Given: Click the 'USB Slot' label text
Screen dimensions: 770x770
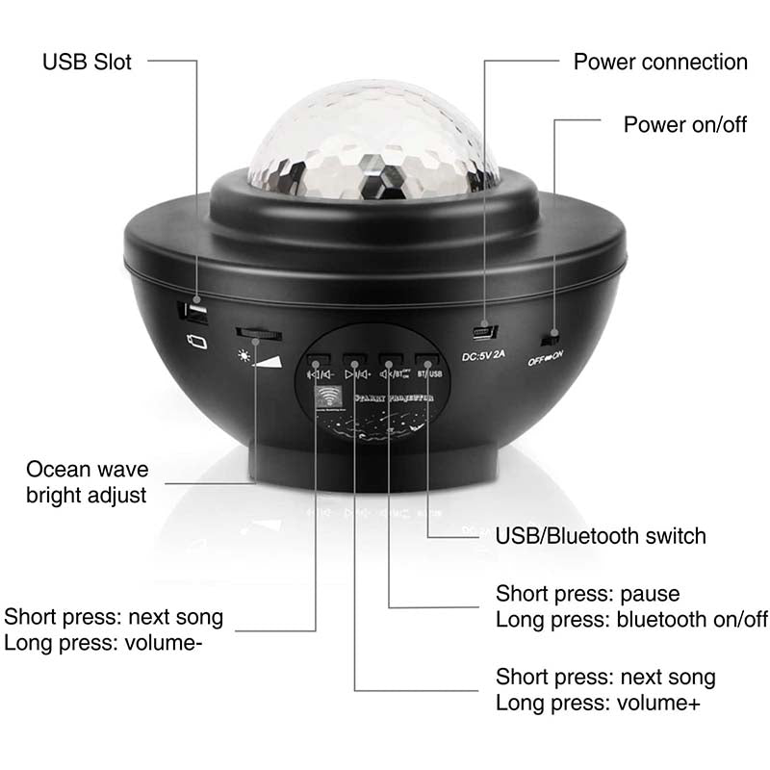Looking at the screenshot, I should click(87, 63).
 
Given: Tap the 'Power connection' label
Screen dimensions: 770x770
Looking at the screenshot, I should click(660, 63).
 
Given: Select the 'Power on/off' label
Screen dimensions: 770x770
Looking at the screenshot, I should click(684, 124).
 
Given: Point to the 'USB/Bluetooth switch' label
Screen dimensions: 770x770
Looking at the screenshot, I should click(601, 536).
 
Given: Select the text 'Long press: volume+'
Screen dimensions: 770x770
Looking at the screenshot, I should click(598, 703).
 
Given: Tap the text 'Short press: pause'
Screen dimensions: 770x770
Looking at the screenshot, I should click(587, 593).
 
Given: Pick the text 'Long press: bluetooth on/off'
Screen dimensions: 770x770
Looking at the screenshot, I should click(631, 618).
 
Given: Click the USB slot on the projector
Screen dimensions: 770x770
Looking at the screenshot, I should click(195, 314).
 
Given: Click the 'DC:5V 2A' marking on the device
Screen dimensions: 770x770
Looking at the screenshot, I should click(483, 358).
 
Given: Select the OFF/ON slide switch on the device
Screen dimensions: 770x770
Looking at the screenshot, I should click(552, 339).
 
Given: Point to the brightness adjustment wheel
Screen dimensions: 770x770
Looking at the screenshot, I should click(259, 333).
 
